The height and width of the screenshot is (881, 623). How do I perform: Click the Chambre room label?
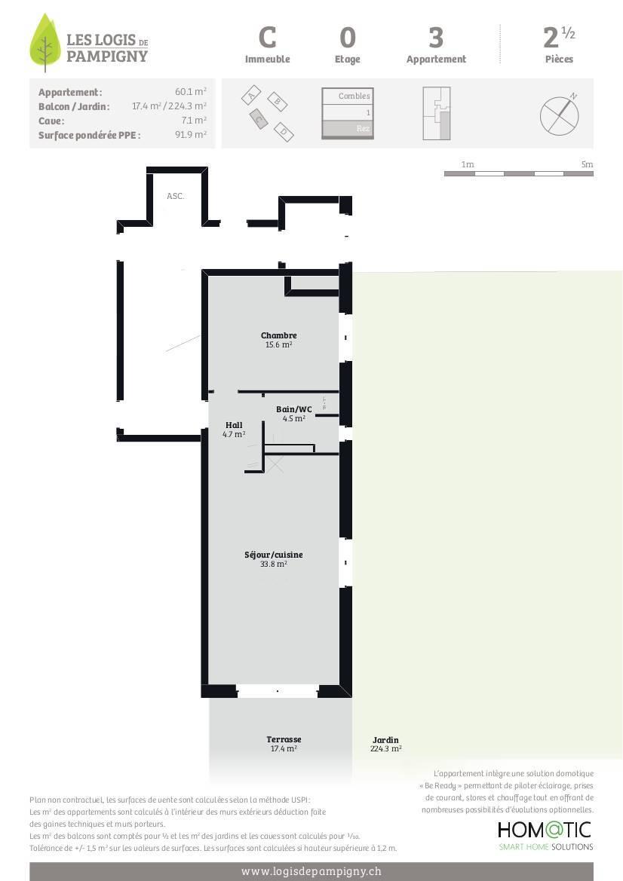click(279, 335)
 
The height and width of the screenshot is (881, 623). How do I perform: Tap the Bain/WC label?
click(293, 409)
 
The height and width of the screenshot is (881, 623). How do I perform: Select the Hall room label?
click(234, 425)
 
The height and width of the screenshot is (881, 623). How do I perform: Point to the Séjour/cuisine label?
click(273, 555)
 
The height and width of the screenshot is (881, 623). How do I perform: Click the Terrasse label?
click(284, 739)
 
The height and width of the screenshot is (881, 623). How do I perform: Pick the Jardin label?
click(385, 740)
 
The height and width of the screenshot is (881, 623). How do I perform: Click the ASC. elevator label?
click(176, 196)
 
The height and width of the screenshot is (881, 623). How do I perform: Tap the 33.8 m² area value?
click(273, 564)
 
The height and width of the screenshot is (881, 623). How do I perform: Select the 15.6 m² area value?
click(279, 344)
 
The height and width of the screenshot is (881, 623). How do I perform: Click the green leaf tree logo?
click(45, 43)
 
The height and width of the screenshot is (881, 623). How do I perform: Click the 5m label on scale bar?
click(587, 164)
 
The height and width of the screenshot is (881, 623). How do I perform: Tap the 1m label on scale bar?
click(468, 164)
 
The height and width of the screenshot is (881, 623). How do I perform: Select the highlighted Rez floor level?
click(348, 129)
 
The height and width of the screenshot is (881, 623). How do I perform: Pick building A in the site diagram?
click(251, 95)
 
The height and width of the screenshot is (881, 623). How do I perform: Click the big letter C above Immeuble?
click(267, 38)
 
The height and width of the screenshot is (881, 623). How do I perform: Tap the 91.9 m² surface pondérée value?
click(191, 135)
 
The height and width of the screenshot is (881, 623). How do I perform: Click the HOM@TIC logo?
click(545, 830)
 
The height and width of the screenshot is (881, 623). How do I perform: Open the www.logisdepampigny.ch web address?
click(311, 871)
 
